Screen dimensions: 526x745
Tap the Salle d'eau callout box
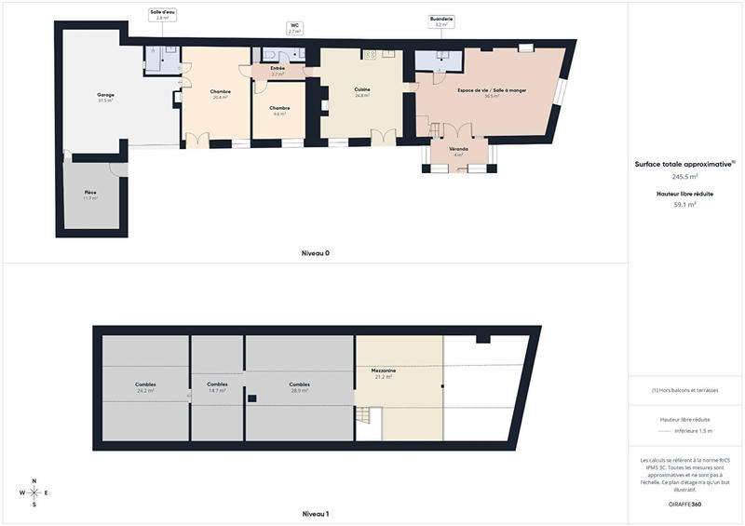click(162, 15)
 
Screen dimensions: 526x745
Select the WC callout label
click(294, 29)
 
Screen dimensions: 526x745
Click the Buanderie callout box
click(441, 21)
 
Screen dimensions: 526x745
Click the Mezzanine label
click(386, 373)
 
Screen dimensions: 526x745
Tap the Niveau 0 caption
click(316, 253)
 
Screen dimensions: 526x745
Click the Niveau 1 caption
click(316, 513)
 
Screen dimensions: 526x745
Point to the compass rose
click(34, 492)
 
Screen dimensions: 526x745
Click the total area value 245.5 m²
click(685, 175)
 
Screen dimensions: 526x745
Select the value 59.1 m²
click(685, 206)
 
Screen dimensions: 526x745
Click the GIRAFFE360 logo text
click(685, 503)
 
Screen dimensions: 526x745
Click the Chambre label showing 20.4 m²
click(221, 94)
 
